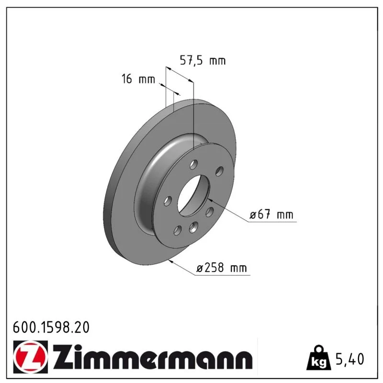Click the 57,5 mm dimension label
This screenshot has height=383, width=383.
click(x=203, y=60)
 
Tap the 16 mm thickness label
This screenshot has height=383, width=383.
click(x=138, y=79)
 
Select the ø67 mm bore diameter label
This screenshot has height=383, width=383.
click(x=271, y=214)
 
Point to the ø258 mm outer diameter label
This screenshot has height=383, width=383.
click(x=222, y=268)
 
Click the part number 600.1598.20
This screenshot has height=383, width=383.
click(x=51, y=327)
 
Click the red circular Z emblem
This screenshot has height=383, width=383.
click(x=31, y=357)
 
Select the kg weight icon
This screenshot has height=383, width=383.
click(x=319, y=357)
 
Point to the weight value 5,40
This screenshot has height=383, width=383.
click(x=350, y=359)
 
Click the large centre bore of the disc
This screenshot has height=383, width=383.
click(x=193, y=195)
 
